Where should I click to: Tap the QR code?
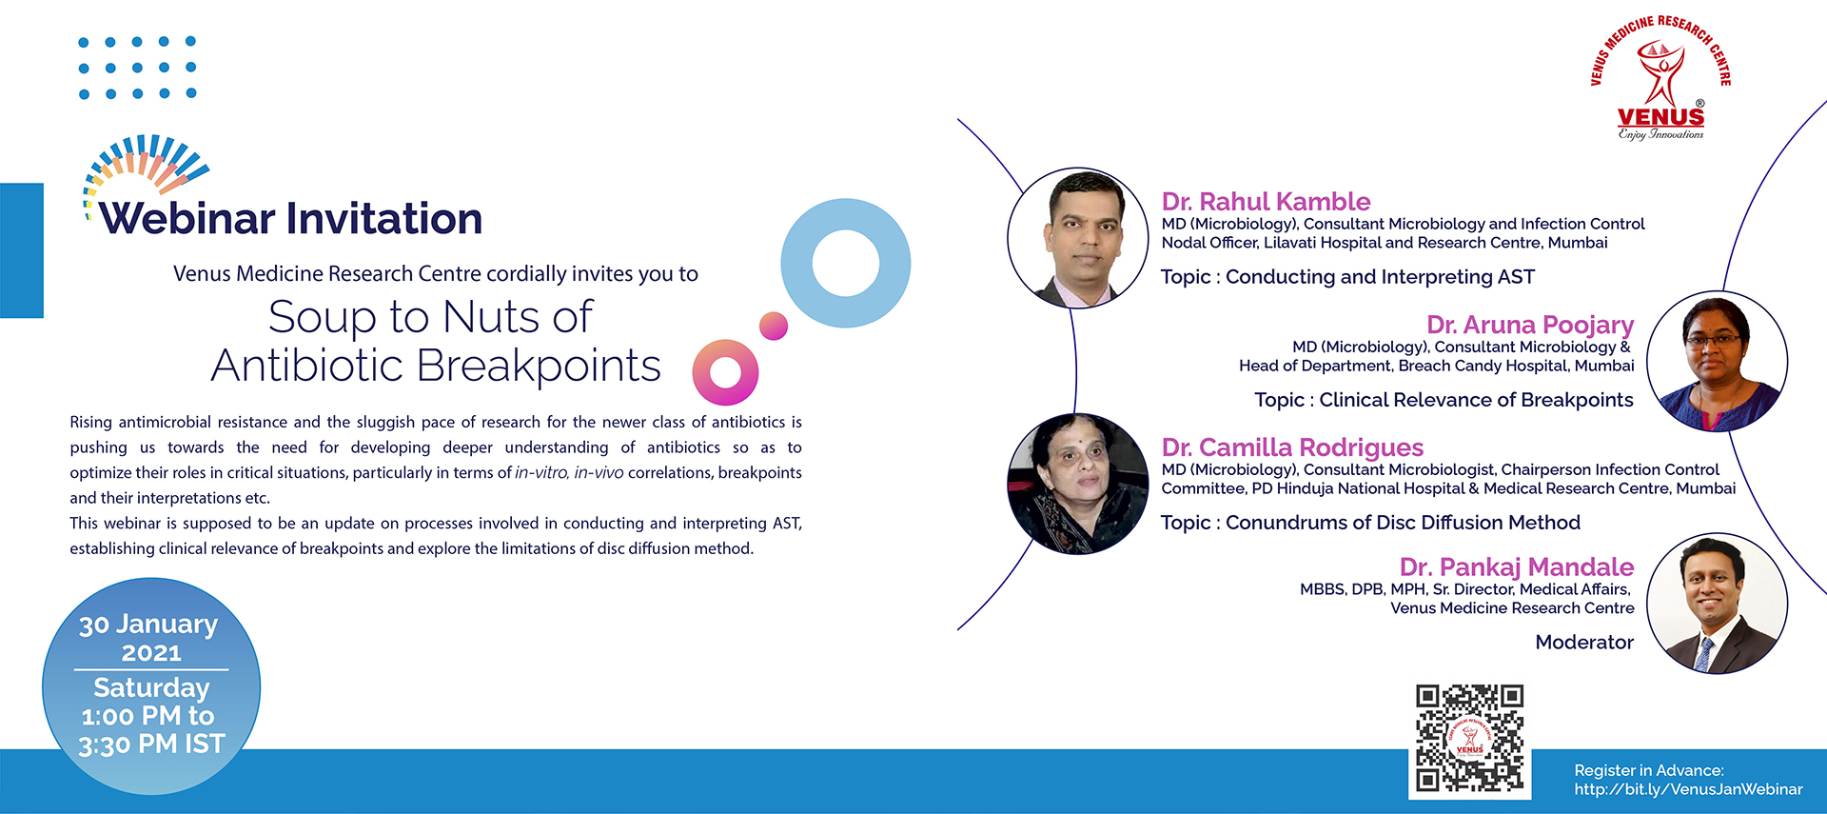pyautogui.click(x=1469, y=738)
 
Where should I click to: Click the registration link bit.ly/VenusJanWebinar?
pyautogui.click(x=1688, y=789)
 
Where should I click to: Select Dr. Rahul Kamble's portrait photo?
pyautogui.click(x=1078, y=238)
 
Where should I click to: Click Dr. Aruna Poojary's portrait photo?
pyautogui.click(x=1717, y=362)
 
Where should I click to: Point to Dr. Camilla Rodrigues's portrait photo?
pyautogui.click(x=1078, y=484)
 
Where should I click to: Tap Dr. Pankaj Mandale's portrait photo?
pyautogui.click(x=1717, y=604)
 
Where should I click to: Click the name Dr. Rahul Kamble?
pyautogui.click(x=1266, y=202)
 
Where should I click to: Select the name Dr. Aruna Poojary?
pyautogui.click(x=1530, y=326)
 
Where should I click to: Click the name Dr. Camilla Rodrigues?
pyautogui.click(x=1292, y=447)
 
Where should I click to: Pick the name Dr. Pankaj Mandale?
pyautogui.click(x=1517, y=567)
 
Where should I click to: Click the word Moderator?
pyautogui.click(x=1584, y=643)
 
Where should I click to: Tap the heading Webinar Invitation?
pyautogui.click(x=291, y=218)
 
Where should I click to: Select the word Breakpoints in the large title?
pyautogui.click(x=539, y=366)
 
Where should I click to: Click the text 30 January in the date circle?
pyautogui.click(x=148, y=625)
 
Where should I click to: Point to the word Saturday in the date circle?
pyautogui.click(x=151, y=687)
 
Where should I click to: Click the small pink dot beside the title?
pyautogui.click(x=774, y=326)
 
